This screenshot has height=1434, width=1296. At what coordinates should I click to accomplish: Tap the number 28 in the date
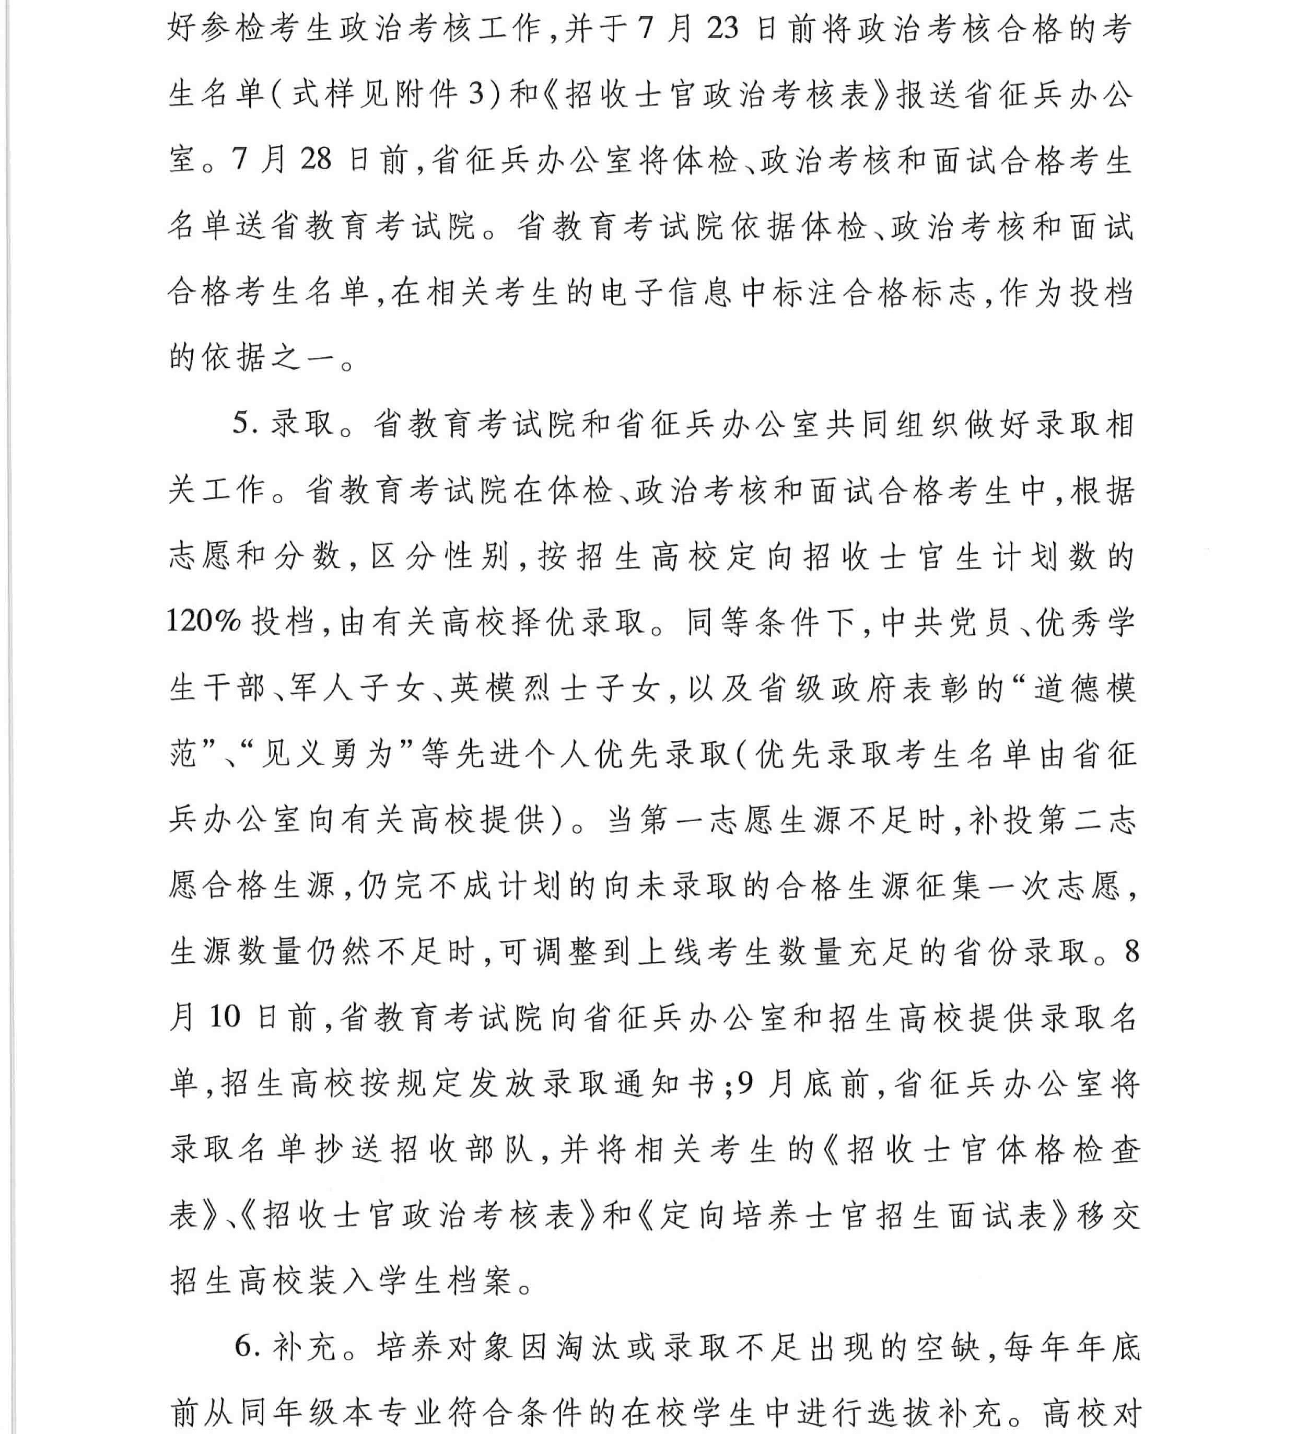(316, 160)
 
